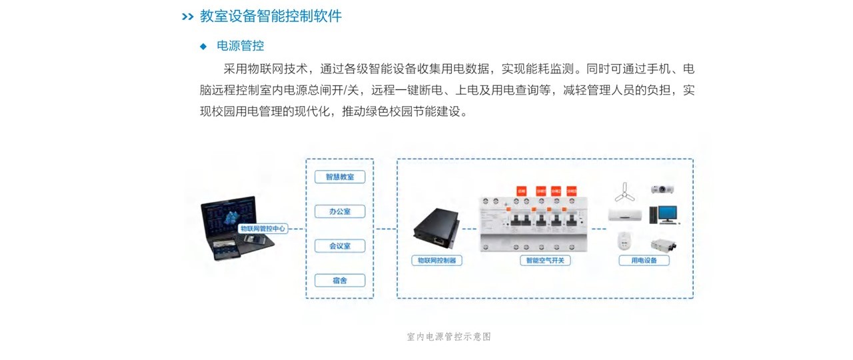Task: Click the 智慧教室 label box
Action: point(339,177)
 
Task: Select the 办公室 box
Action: point(339,211)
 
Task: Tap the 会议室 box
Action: point(339,246)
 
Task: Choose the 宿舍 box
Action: point(339,280)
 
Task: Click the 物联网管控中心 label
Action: point(263,228)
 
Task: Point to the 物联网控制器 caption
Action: point(436,261)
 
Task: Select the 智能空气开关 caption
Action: point(545,261)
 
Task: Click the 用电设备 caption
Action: point(644,261)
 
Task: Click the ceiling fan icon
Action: point(626,191)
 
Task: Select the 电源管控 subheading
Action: point(241,46)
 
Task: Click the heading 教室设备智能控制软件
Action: point(271,16)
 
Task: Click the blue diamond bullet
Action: point(204,46)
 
